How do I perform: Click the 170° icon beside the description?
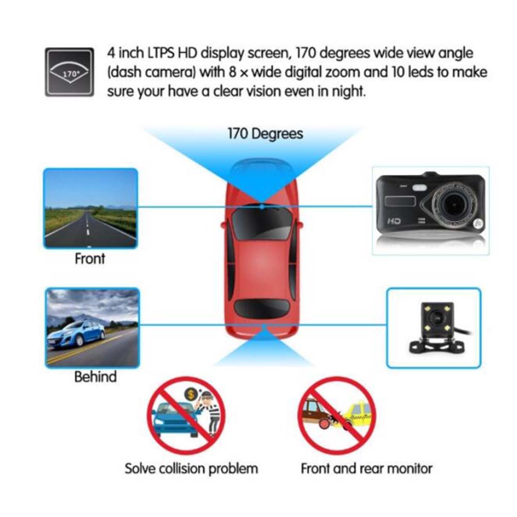tap(70, 72)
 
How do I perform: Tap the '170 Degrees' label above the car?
tap(265, 134)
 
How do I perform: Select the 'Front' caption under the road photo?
tap(90, 258)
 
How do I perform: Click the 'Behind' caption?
tap(95, 377)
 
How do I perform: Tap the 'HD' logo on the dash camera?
tap(394, 221)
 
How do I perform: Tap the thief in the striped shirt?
tap(211, 413)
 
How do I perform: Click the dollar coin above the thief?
tap(190, 394)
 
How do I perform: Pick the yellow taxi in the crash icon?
tap(357, 415)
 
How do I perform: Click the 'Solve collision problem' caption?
tap(191, 468)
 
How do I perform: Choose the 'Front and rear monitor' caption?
tap(366, 468)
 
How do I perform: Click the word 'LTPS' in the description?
tap(160, 53)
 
